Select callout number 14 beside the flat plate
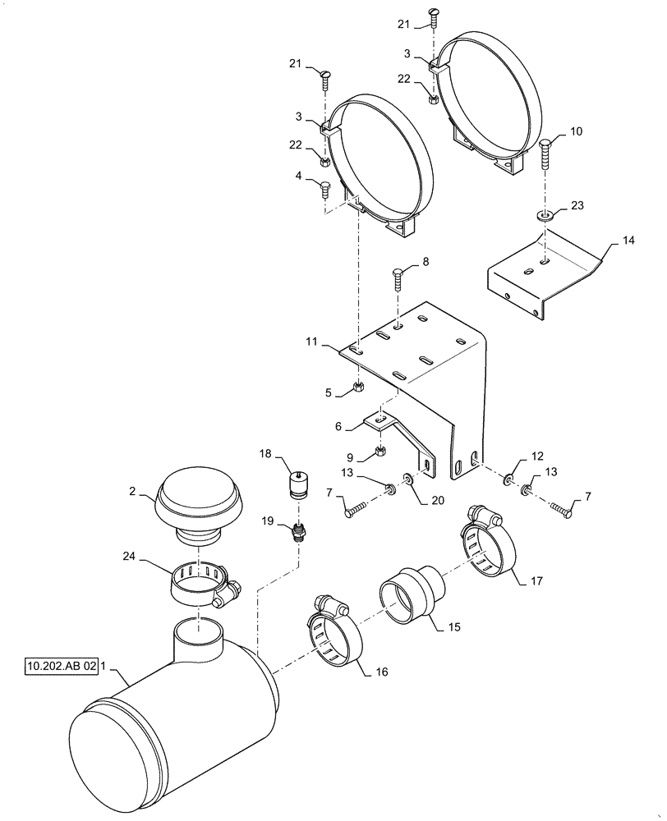(628, 241)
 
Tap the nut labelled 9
(380, 450)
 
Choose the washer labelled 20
(408, 478)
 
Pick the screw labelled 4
(324, 190)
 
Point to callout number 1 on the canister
(103, 666)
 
